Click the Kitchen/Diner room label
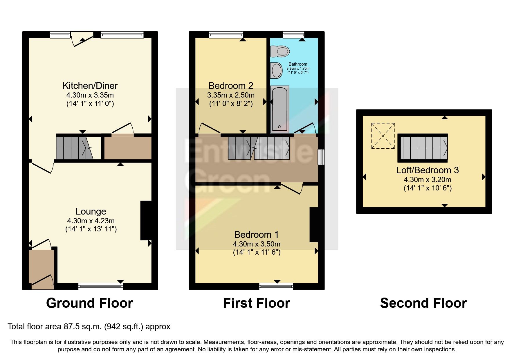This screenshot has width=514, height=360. point(90,86)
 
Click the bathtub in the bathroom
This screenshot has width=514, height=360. point(279,109)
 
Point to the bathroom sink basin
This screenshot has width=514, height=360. point(276,70)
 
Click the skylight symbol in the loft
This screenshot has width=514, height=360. point(383,136)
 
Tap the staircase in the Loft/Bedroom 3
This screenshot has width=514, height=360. point(423,148)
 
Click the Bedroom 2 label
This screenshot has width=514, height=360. point(231,86)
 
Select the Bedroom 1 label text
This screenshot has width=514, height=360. point(256,235)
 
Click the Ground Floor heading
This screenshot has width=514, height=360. point(89,303)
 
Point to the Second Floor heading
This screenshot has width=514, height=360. point(423,303)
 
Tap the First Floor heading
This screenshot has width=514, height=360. point(256,303)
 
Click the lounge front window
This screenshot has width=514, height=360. point(100,287)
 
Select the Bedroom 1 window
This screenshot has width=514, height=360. point(276,287)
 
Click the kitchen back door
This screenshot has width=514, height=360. point(82,39)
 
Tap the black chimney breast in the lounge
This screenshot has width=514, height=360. point(146,220)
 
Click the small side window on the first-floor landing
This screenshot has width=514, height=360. point(321,157)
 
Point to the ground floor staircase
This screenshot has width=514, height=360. point(74,148)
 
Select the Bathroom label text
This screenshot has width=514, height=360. point(297,64)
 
